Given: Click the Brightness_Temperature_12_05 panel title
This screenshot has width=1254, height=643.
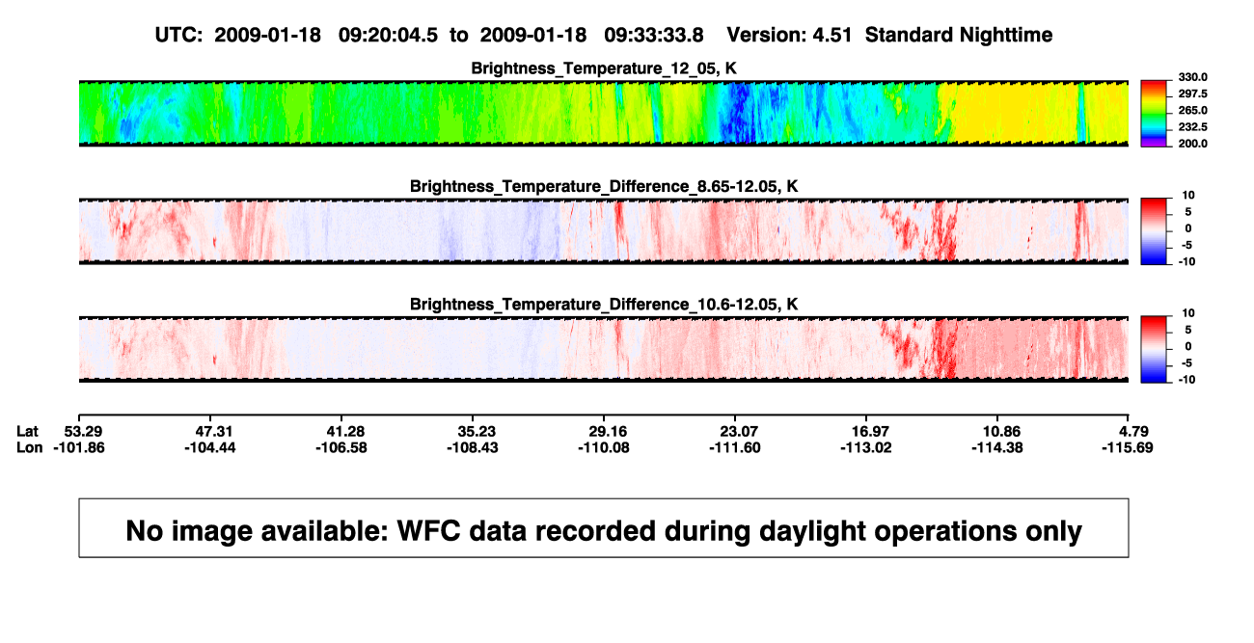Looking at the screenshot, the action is (604, 68).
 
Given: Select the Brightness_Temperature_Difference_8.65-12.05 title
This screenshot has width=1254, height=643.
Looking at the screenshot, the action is (604, 186).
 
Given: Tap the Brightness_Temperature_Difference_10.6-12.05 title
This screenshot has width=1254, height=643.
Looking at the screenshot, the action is (604, 305).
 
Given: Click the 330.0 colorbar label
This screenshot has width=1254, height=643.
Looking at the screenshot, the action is (1192, 77).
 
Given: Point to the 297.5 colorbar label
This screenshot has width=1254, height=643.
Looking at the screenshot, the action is (1192, 94).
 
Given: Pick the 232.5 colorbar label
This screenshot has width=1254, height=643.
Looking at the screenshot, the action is (1192, 127).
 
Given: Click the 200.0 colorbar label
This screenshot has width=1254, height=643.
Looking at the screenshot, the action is (1192, 144).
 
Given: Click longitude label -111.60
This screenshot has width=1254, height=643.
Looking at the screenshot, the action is (735, 447).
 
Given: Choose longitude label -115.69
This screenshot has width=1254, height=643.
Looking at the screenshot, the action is (1128, 447).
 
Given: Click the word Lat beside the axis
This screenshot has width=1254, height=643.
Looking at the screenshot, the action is (27, 432).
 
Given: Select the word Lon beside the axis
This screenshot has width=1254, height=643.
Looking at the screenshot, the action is (29, 447).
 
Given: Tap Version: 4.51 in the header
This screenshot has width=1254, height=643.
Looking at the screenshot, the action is (789, 35).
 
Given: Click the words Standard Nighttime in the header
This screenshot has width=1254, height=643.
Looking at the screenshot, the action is (959, 36).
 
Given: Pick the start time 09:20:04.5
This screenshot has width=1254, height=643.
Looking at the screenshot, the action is (388, 35).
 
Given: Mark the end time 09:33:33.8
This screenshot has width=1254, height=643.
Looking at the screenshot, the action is (654, 35).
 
